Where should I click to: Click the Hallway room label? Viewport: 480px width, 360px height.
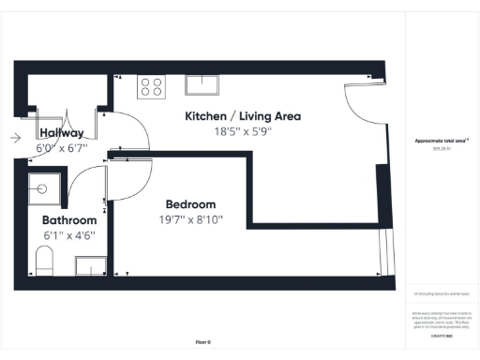[61, 133]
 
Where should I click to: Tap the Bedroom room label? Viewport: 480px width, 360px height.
[190, 204]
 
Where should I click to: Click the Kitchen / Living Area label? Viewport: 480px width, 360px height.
[242, 116]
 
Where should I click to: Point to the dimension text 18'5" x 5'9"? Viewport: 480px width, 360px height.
[242, 132]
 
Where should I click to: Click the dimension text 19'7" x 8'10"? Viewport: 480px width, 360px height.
[190, 220]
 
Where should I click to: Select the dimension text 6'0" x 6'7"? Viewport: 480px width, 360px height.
[61, 148]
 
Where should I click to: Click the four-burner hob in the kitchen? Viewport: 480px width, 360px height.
[150, 86]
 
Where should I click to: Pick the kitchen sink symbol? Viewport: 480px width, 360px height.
[202, 85]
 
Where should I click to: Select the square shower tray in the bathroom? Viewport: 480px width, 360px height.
[44, 188]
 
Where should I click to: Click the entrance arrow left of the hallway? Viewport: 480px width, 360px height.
[15, 138]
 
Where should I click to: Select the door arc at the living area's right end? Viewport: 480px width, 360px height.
[359, 105]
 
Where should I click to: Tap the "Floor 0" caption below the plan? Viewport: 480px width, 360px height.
[202, 343]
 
